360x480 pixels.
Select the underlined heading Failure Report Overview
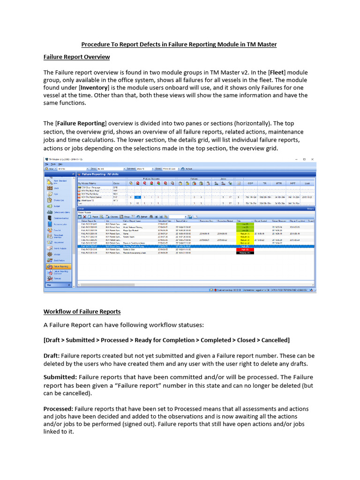point(76,57)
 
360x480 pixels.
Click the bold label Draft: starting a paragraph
point(52,356)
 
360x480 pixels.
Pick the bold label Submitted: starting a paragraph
point(60,377)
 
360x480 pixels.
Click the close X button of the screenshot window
point(313,160)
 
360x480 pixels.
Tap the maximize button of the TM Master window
point(304,160)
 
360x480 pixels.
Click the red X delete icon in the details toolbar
point(85,217)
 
